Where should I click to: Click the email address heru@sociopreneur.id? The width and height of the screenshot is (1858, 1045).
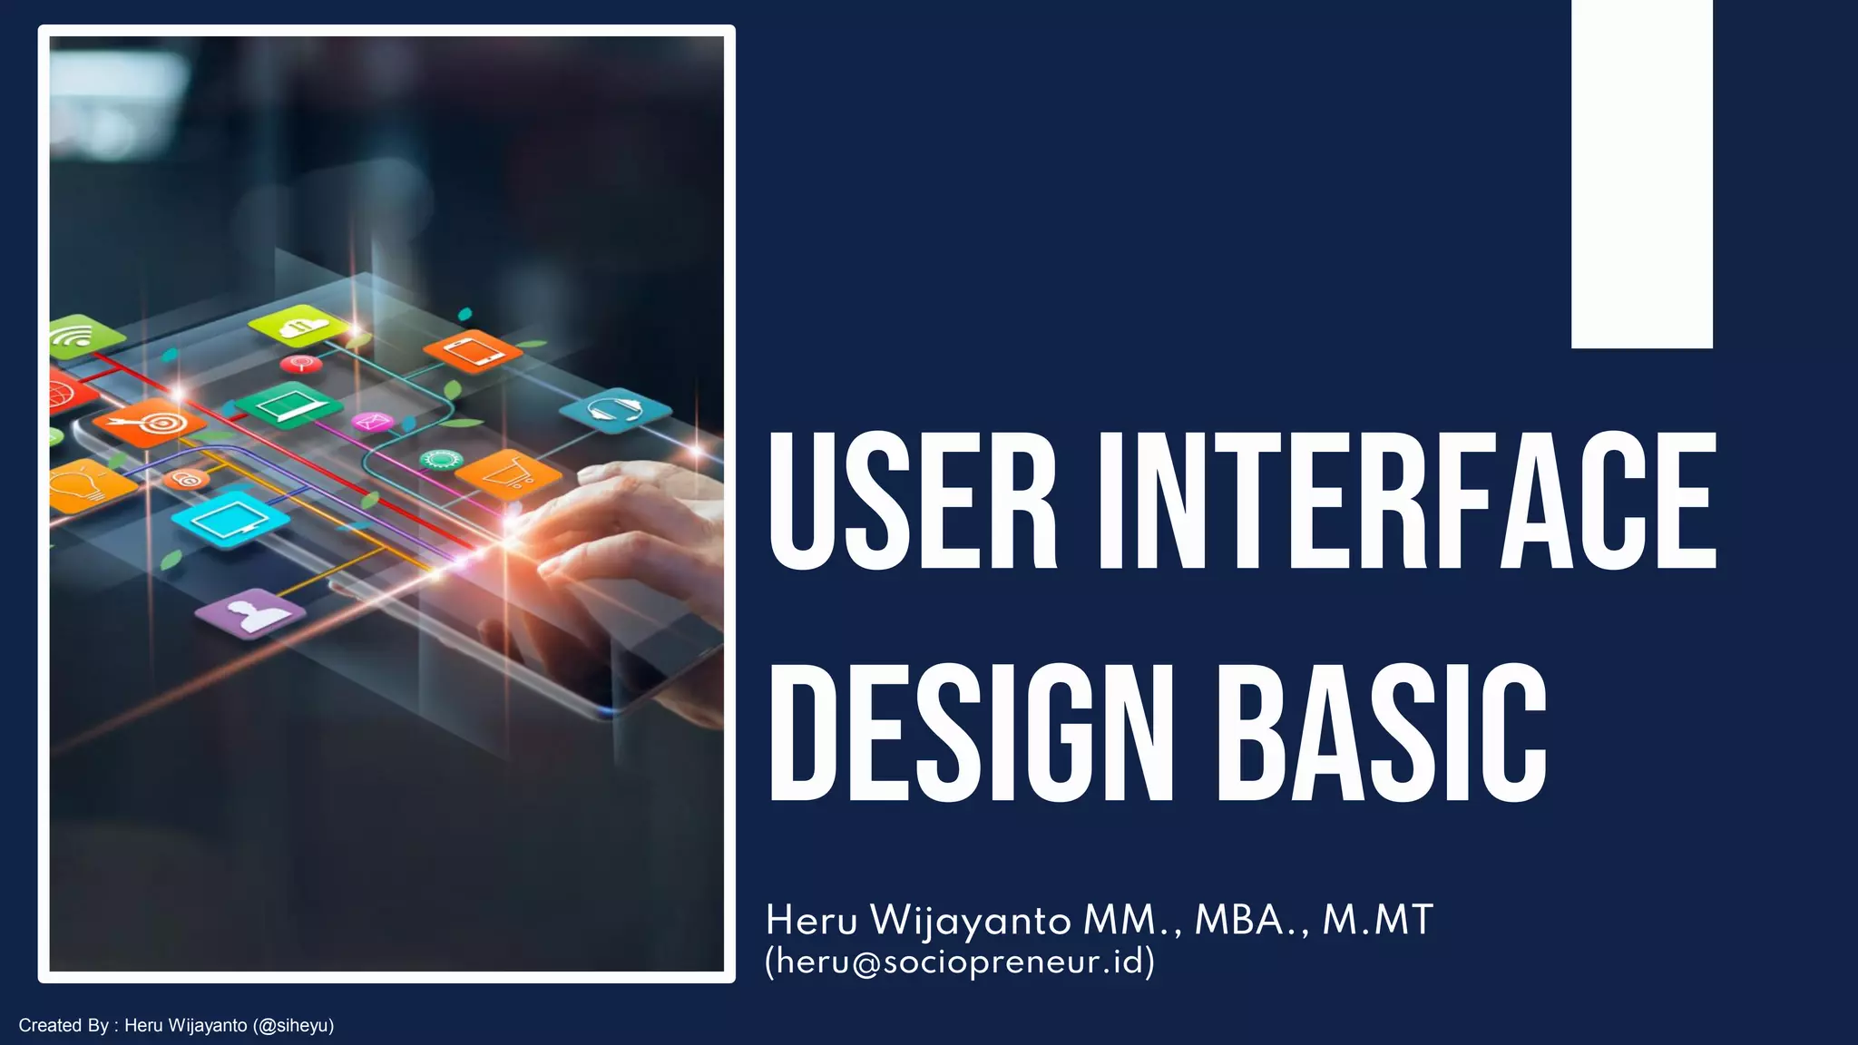[960, 961]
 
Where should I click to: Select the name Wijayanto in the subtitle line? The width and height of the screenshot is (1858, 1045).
[970, 921]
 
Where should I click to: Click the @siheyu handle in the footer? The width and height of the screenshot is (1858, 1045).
[294, 1026]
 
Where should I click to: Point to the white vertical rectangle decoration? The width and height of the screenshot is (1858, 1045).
[1641, 172]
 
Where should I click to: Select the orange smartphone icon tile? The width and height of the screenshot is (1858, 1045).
[472, 351]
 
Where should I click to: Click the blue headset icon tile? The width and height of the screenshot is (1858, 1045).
[615, 410]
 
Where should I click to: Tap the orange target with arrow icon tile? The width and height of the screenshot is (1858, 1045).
[151, 423]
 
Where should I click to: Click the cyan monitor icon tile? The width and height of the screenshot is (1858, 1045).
[229, 520]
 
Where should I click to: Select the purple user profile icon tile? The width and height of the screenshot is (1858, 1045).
[250, 614]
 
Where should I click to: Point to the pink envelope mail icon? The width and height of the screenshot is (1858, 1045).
[371, 422]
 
